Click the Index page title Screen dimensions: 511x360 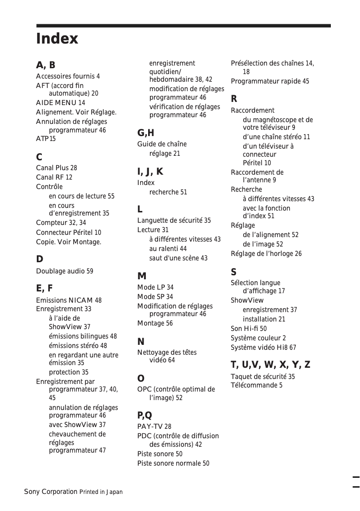click(57, 39)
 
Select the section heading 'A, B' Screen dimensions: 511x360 click(46, 65)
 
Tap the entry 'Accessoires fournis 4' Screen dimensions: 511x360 click(68, 76)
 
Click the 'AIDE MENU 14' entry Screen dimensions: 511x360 click(61, 103)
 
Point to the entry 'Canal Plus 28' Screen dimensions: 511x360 click(57, 168)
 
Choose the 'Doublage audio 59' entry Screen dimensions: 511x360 click(65, 271)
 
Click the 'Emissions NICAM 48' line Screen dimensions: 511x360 click(69, 300)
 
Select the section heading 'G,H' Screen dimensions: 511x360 click(145, 133)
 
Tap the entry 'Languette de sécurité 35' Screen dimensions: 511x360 click(174, 220)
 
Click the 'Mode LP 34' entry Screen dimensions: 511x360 click(155, 287)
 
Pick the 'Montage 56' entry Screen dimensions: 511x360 click(155, 323)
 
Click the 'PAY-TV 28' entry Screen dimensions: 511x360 click(154, 427)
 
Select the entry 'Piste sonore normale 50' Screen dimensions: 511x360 click(173, 463)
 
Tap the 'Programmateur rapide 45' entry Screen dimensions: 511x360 click(270, 81)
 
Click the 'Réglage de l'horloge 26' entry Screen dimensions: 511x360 click(266, 254)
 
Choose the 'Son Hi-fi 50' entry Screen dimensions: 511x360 click(249, 329)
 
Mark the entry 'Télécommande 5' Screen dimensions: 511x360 click(257, 385)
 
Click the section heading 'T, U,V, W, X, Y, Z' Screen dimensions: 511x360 click(270, 365)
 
